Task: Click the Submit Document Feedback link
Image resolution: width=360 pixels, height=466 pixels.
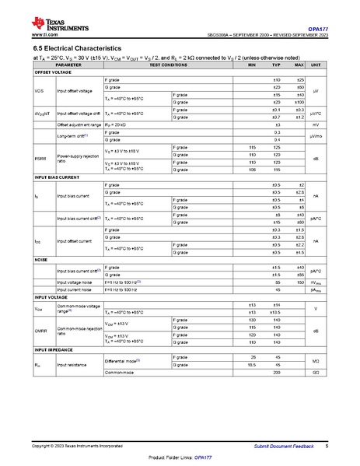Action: pos(285,446)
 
